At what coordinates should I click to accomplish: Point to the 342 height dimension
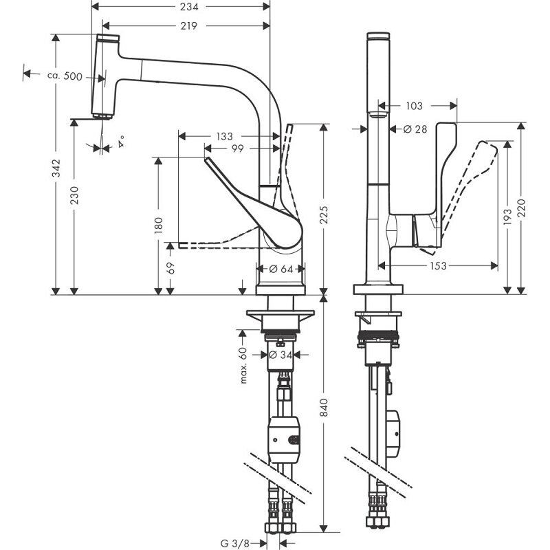coord(56,168)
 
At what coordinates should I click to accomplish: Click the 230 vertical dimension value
coord(74,198)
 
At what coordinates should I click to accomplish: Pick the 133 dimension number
coord(223,136)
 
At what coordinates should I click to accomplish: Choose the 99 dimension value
coord(238,148)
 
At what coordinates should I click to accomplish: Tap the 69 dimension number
coord(170,268)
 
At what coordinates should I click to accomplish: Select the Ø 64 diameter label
coord(280,268)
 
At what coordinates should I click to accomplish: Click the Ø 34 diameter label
coord(280,355)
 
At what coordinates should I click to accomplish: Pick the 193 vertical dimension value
coord(507,217)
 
